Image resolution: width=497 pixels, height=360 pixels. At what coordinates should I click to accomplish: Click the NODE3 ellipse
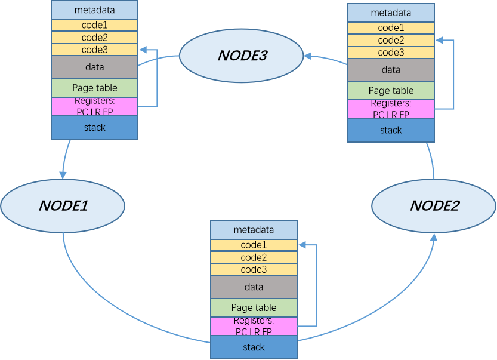(x=242, y=56)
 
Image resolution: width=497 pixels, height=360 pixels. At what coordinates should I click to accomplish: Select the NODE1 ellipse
(x=63, y=205)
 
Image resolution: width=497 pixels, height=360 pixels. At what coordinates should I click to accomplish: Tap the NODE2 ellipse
(x=434, y=206)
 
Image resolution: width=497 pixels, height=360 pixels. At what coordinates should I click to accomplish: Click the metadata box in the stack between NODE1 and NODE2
(x=254, y=230)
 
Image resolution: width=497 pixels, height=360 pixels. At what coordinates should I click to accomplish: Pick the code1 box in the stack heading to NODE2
(x=254, y=245)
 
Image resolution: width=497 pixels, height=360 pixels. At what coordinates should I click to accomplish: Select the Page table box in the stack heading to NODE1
(x=94, y=88)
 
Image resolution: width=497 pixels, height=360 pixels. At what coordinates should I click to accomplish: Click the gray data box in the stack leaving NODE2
(x=391, y=70)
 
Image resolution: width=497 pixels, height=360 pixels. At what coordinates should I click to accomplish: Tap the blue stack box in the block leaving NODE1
(x=254, y=347)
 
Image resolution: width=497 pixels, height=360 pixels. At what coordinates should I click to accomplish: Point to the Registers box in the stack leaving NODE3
(x=94, y=106)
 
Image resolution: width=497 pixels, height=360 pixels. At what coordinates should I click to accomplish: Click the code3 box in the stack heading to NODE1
(x=94, y=50)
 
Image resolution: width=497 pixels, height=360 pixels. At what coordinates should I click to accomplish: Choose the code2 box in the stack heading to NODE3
(x=391, y=40)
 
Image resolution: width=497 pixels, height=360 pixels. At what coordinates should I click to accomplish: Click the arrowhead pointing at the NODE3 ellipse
(x=307, y=56)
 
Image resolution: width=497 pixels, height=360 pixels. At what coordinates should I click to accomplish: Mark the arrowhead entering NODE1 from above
(x=63, y=174)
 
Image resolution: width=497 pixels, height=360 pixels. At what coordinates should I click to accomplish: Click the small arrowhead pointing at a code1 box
(x=301, y=245)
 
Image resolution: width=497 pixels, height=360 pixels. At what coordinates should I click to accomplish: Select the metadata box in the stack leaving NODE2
(x=391, y=13)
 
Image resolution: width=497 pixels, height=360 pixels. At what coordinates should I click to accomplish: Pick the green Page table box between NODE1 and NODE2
(x=254, y=308)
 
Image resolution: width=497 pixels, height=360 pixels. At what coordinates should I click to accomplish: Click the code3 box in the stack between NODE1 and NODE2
(x=254, y=270)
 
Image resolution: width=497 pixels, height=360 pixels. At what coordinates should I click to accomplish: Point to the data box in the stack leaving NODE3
(x=94, y=67)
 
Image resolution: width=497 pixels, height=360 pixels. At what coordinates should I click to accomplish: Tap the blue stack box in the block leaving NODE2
(x=391, y=130)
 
